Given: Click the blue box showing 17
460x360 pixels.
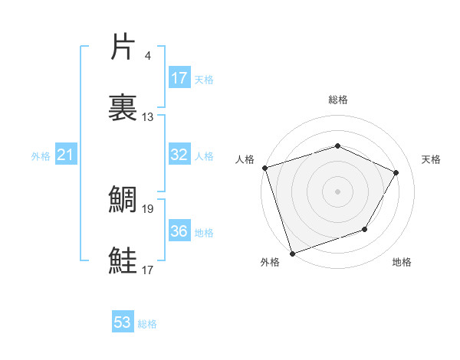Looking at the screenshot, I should coord(179,78).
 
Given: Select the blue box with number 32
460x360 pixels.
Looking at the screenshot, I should coord(179,155).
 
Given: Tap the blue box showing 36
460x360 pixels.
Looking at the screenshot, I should coord(179,231).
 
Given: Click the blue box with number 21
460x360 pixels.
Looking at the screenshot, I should coord(66,155).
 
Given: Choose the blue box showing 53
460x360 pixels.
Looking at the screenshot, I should coord(123,322).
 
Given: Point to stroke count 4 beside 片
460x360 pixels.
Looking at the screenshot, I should coord(148,56).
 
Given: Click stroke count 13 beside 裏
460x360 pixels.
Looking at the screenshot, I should coord(148,117).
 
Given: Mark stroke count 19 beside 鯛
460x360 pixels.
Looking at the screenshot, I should coord(148,208).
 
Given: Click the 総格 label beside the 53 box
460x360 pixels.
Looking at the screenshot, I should coord(147,324).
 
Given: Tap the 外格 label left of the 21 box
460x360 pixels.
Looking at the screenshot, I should coord(41,155).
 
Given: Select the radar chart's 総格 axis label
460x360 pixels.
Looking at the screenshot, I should coord(337,100).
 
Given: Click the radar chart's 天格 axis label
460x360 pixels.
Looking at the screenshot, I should coord(431,159).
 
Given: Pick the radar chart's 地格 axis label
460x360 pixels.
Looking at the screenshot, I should coord(402,263).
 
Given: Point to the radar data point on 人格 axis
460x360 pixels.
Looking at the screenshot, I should coord(264,168).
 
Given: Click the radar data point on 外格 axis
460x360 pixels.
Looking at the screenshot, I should coord(292,252).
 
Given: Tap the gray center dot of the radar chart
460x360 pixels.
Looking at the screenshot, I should coord(337,191).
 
